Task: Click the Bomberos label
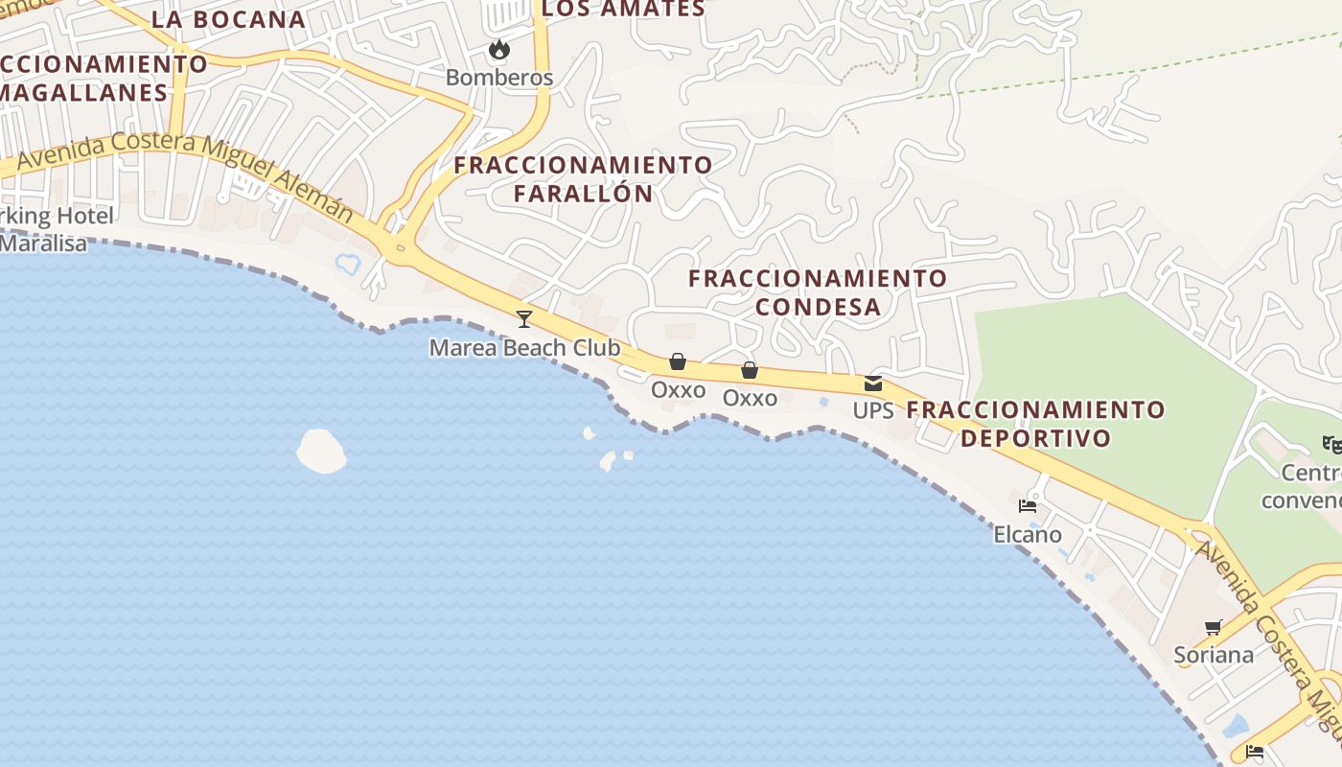click(x=499, y=78)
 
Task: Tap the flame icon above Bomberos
click(x=498, y=49)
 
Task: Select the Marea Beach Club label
click(x=524, y=347)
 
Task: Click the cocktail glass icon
click(x=523, y=318)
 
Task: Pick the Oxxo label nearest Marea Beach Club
click(x=678, y=390)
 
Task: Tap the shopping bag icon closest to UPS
click(x=750, y=370)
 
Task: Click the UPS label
click(x=872, y=410)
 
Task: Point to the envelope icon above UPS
click(x=872, y=383)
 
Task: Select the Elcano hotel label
click(x=1028, y=534)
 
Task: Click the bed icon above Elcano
click(x=1028, y=506)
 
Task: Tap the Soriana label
click(x=1214, y=655)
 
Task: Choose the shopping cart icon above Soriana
click(x=1213, y=628)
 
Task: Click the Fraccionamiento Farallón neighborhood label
click(x=583, y=178)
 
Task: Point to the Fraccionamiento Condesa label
click(x=818, y=291)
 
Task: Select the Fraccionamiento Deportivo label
click(x=1035, y=424)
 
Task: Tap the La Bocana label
click(x=228, y=19)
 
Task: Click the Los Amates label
click(x=623, y=10)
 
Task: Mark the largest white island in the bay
click(x=321, y=451)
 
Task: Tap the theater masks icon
click(x=1330, y=444)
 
